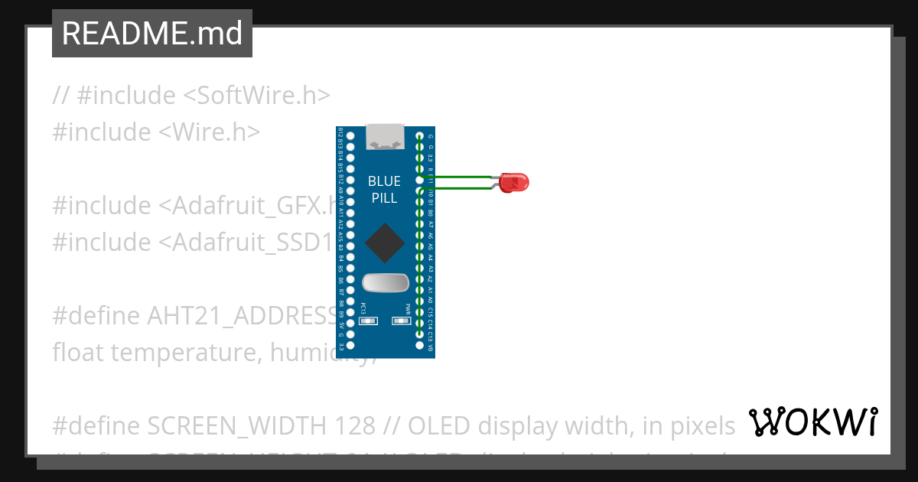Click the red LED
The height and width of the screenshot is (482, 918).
pyautogui.click(x=515, y=183)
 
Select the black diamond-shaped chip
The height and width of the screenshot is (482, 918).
pyautogui.click(x=385, y=243)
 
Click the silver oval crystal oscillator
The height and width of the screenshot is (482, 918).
pyautogui.click(x=385, y=283)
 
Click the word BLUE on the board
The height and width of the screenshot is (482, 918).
pyautogui.click(x=384, y=181)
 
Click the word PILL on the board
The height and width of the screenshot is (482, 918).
pyautogui.click(x=384, y=198)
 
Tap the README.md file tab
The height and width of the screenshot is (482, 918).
pyautogui.click(x=152, y=34)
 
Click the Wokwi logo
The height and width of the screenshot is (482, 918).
pyautogui.click(x=812, y=422)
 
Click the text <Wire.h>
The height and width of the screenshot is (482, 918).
pyautogui.click(x=209, y=132)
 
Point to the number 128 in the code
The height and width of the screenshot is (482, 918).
pyautogui.click(x=354, y=425)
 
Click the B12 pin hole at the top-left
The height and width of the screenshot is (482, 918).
pyautogui.click(x=350, y=136)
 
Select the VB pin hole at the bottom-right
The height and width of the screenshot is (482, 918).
pyautogui.click(x=419, y=346)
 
